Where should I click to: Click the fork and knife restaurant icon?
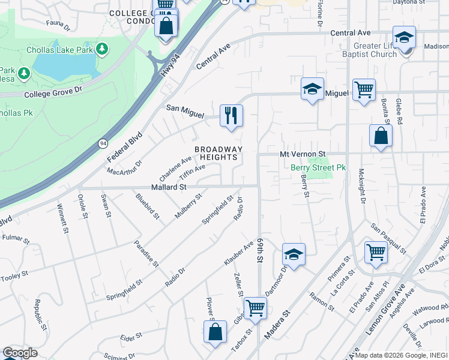(x=231, y=115)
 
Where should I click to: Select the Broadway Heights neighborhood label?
(x=218, y=153)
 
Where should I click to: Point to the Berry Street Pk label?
(x=319, y=168)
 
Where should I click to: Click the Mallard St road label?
(x=169, y=187)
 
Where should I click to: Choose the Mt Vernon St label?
(x=303, y=154)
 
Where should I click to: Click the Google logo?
(x=20, y=353)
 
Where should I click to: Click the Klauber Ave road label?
(x=239, y=254)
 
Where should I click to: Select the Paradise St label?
(x=146, y=255)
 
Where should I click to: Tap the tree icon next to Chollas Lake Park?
(x=103, y=47)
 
